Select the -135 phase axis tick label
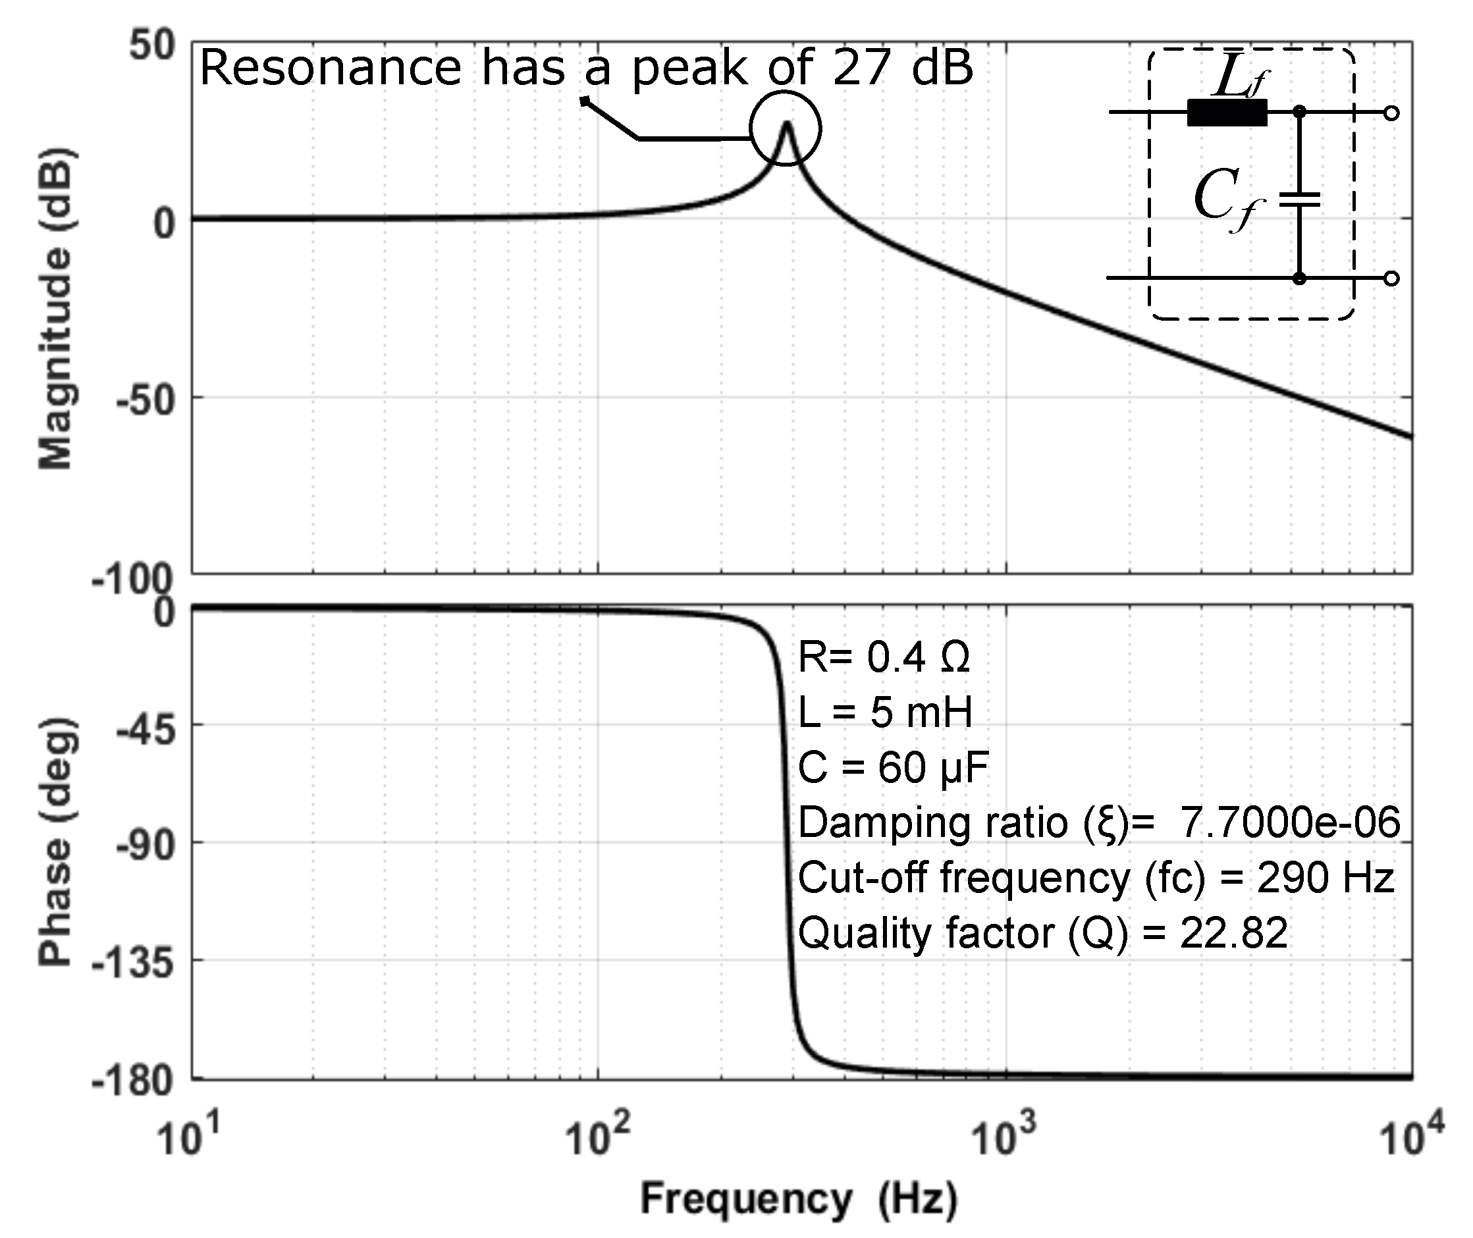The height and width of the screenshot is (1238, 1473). coord(133,962)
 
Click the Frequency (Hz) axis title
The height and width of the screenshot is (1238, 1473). coord(799,1198)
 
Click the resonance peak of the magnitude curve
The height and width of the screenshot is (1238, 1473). coord(787,124)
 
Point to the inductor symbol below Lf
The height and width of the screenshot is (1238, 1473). coord(1227,113)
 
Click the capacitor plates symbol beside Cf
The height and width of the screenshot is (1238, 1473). coord(1299,201)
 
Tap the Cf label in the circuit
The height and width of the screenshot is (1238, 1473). coord(1229,200)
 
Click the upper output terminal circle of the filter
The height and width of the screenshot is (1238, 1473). coord(1391,113)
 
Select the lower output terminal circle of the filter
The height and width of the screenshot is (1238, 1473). coord(1391,279)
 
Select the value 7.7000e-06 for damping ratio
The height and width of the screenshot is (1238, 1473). coord(1290,822)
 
